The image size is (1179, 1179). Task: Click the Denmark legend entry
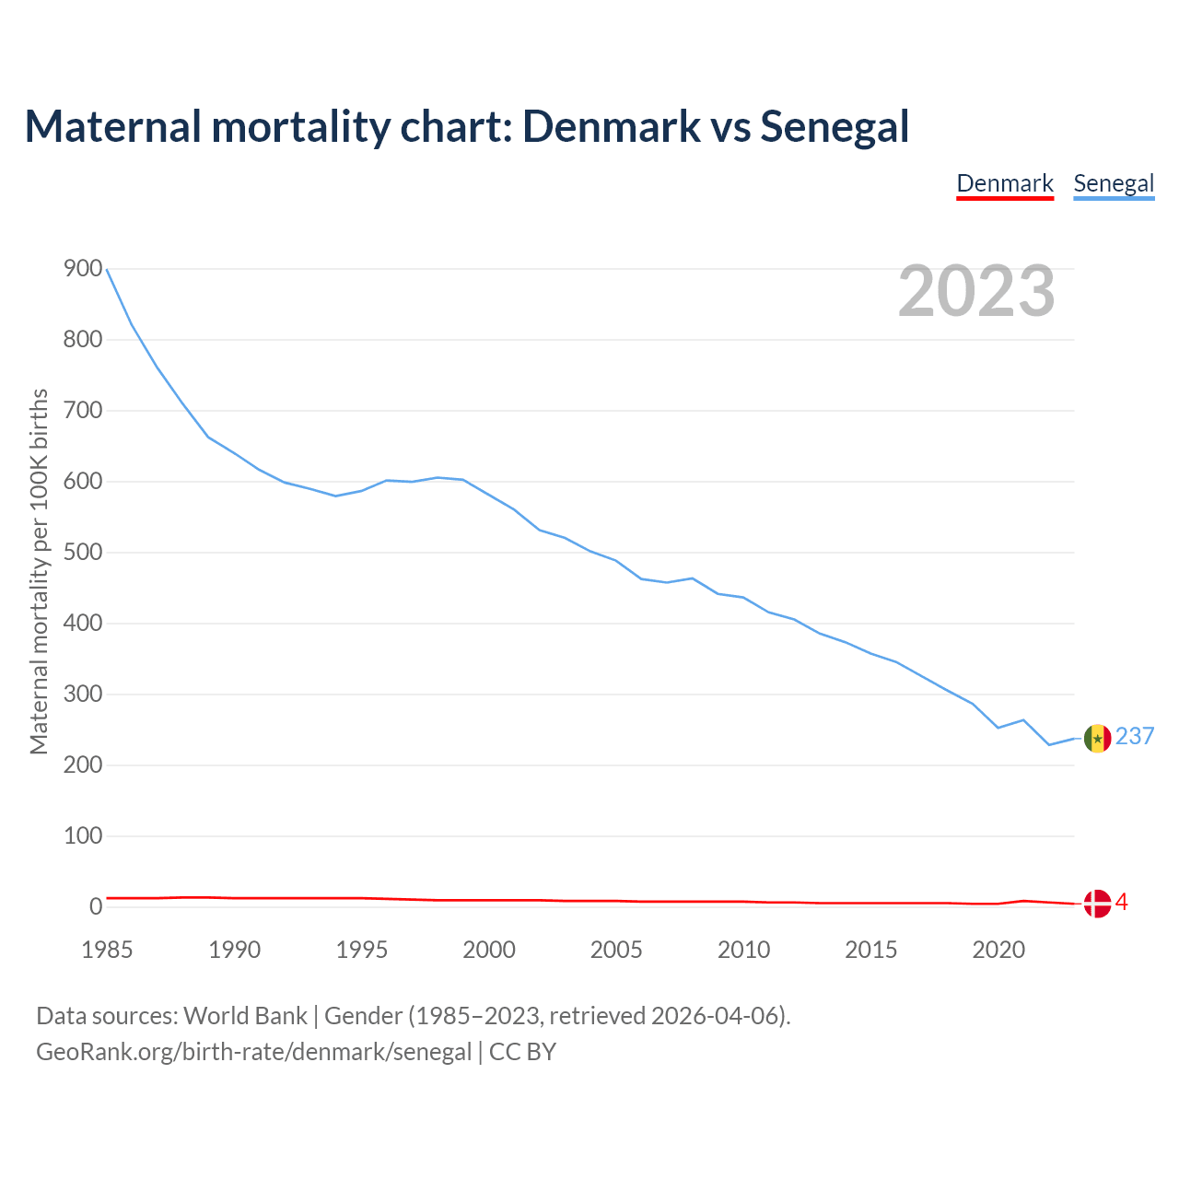1005,183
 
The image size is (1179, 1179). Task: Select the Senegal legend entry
1114,183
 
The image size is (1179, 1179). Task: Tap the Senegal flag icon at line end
1097,738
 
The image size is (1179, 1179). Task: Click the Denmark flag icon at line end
1097,904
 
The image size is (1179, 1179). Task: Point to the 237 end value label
1135,736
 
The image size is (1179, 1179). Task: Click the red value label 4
1121,902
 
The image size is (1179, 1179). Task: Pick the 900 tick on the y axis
83,269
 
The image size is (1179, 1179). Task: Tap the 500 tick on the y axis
83,553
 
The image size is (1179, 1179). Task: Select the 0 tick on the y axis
96,907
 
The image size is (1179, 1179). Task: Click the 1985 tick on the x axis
107,950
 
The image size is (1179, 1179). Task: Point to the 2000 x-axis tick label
489,950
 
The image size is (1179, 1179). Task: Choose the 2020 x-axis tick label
998,950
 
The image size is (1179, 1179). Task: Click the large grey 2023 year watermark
976,291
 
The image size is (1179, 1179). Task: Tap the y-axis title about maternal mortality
39,571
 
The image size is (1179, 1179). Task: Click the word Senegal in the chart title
835,126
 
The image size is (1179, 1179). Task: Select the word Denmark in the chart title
612,126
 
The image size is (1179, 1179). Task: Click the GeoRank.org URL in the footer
253,1051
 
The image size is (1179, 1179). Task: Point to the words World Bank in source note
245,1015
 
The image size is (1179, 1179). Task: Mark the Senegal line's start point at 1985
107,269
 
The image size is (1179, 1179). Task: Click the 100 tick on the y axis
83,836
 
